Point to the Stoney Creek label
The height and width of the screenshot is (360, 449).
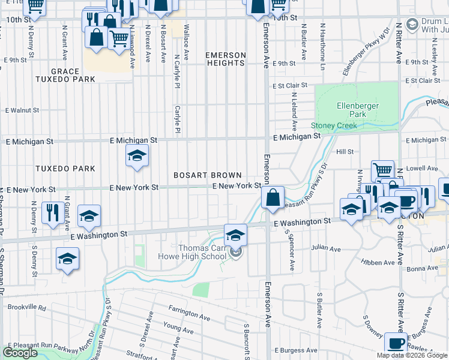pos(334,125)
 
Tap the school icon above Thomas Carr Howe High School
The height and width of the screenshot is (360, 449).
pos(235,234)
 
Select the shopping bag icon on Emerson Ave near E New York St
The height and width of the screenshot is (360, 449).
pos(273,197)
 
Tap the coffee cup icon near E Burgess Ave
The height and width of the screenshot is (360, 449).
pos(396,343)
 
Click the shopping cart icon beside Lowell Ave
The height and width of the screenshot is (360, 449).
pos(382,171)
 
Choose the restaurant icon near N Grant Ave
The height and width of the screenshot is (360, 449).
pos(53,212)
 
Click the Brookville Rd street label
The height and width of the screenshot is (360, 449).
pos(26,307)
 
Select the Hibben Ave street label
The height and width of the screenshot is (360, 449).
pos(375,262)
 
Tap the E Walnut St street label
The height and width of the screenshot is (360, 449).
pos(22,110)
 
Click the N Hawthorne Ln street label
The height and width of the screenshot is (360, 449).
pos(322,47)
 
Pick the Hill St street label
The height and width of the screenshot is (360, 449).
pos(345,152)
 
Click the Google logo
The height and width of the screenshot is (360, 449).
pos(20,353)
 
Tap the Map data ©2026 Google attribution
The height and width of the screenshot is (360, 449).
pos(412,355)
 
